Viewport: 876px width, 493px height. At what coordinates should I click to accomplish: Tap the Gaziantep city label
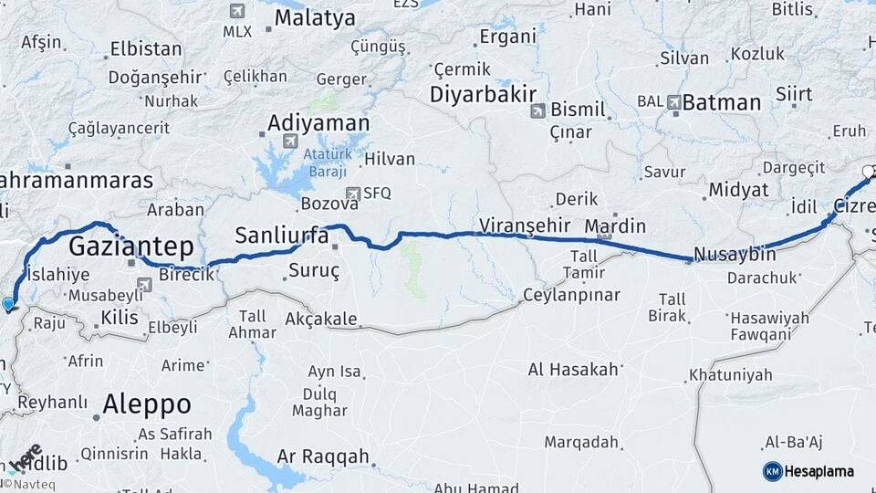click(130, 246)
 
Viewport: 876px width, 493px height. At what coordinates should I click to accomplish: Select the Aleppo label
click(147, 404)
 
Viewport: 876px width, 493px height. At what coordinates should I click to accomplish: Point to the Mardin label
click(615, 226)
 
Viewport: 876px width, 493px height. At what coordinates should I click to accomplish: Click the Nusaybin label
click(735, 254)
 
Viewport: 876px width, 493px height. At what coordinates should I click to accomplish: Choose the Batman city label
click(721, 102)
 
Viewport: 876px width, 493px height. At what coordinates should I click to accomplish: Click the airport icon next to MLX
click(238, 12)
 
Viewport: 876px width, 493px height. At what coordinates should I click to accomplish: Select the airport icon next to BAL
click(674, 102)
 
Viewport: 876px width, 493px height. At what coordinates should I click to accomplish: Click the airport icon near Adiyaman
click(290, 142)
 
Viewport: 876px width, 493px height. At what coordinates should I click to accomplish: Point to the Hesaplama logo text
click(819, 471)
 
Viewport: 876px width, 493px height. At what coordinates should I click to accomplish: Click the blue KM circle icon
click(772, 471)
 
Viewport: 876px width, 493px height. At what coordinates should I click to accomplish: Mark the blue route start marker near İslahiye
click(8, 304)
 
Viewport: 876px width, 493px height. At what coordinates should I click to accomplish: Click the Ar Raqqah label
click(323, 456)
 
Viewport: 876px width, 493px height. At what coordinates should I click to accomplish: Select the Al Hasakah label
click(573, 369)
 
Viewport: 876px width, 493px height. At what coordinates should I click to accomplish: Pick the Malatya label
click(315, 17)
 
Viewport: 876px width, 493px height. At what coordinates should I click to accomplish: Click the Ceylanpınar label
click(571, 295)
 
